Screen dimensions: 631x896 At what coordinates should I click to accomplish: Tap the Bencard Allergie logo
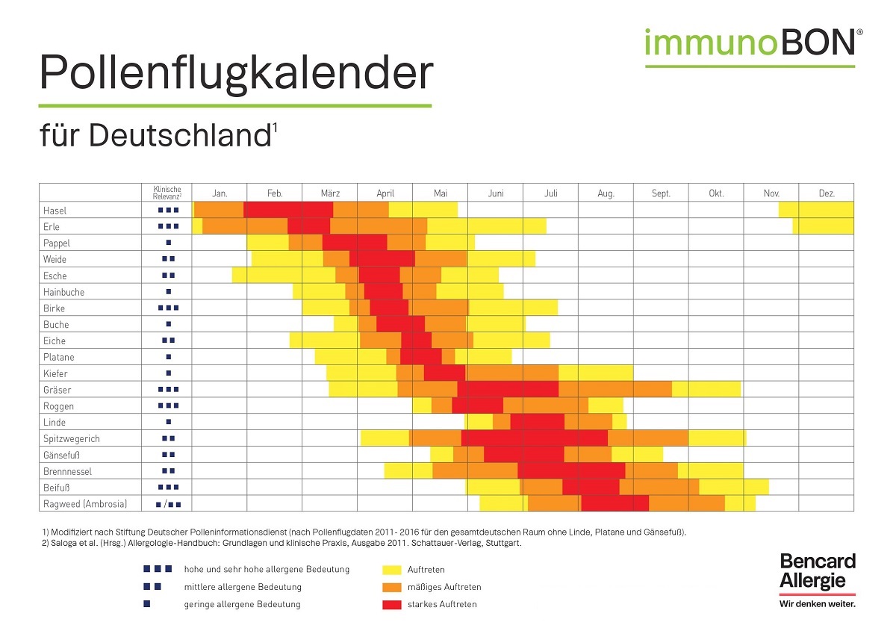click(818, 572)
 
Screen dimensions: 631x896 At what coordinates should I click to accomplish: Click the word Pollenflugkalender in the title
click(236, 73)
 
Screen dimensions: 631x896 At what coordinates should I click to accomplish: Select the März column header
click(330, 193)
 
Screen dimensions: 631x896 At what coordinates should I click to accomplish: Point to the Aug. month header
click(606, 193)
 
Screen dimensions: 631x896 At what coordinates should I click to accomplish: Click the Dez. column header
click(827, 193)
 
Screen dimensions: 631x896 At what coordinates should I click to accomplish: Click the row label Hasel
click(55, 211)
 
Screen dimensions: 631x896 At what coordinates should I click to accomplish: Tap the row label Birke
click(54, 308)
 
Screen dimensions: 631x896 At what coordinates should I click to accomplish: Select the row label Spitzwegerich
click(72, 439)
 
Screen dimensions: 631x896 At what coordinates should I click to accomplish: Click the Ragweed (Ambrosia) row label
click(85, 504)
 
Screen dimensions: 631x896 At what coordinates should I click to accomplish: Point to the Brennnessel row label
click(67, 471)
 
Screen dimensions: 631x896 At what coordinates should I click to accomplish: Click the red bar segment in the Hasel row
click(288, 210)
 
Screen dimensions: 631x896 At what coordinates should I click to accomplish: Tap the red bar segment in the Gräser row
click(508, 390)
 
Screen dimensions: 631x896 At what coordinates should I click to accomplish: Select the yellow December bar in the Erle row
click(823, 226)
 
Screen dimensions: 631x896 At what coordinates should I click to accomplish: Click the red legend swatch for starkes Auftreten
click(391, 604)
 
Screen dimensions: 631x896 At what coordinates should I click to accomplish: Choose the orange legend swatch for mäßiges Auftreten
click(391, 587)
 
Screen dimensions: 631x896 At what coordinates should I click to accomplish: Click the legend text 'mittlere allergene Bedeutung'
click(243, 587)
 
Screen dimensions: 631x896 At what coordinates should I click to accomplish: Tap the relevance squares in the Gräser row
click(168, 390)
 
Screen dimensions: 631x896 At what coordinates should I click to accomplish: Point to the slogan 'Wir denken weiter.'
click(817, 603)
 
